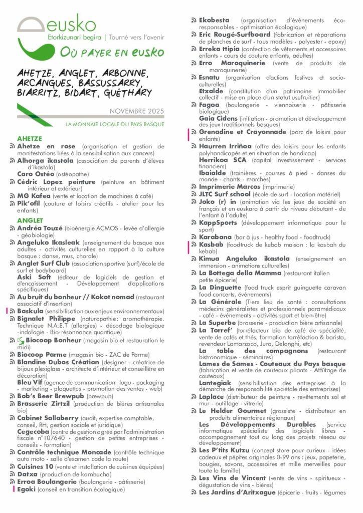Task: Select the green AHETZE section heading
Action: click(29, 138)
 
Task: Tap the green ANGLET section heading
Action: click(30, 220)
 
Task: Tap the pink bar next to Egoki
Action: click(14, 489)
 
